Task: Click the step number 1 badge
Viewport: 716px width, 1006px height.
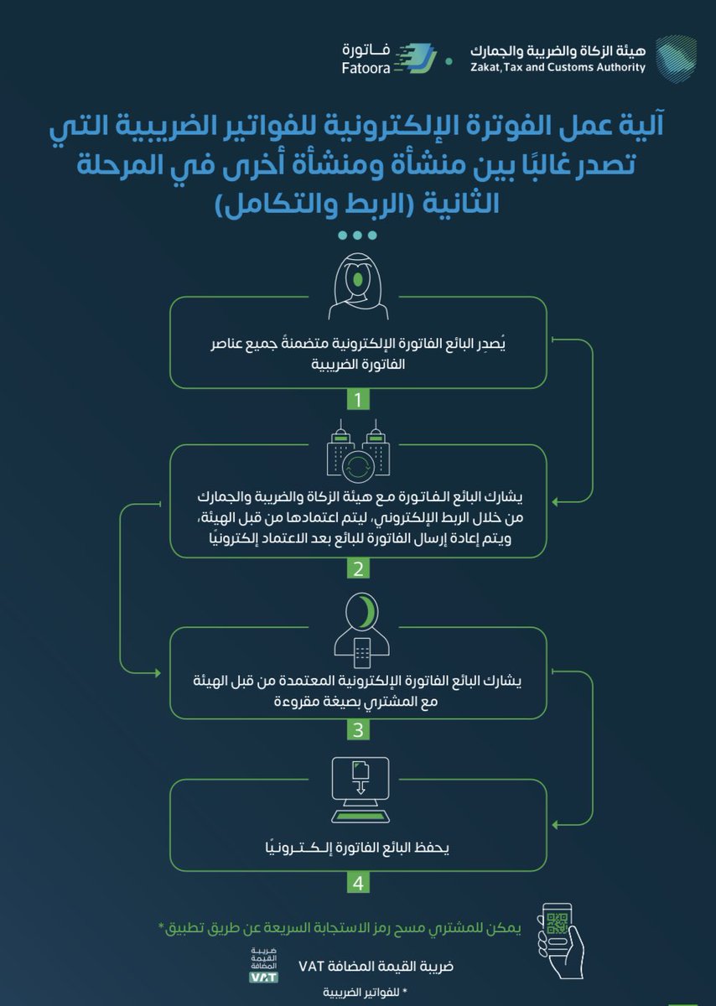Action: coord(358,400)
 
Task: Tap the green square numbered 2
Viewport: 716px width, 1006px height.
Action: coord(358,569)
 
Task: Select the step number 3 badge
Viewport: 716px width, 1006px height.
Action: coord(358,730)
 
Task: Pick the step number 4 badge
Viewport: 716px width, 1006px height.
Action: coord(358,883)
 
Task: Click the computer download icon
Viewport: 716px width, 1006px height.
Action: coord(358,788)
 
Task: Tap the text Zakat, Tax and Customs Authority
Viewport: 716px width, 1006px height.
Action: coord(558,68)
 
